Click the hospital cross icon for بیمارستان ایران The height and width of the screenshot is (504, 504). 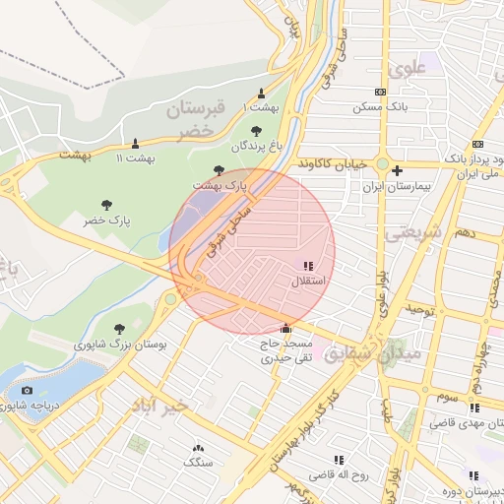(396, 170)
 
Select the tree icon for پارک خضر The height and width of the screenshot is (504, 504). (106, 206)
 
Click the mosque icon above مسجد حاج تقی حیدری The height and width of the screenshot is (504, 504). (286, 328)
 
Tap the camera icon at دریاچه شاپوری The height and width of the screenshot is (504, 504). (27, 392)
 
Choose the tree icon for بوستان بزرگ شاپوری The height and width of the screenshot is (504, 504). (119, 329)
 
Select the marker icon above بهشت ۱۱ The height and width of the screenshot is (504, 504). (135, 143)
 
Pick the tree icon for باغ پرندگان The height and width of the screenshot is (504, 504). (256, 130)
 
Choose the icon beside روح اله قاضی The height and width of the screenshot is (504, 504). (340, 460)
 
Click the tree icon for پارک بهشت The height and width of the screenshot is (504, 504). (219, 170)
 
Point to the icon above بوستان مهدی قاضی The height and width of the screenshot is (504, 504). (474, 408)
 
